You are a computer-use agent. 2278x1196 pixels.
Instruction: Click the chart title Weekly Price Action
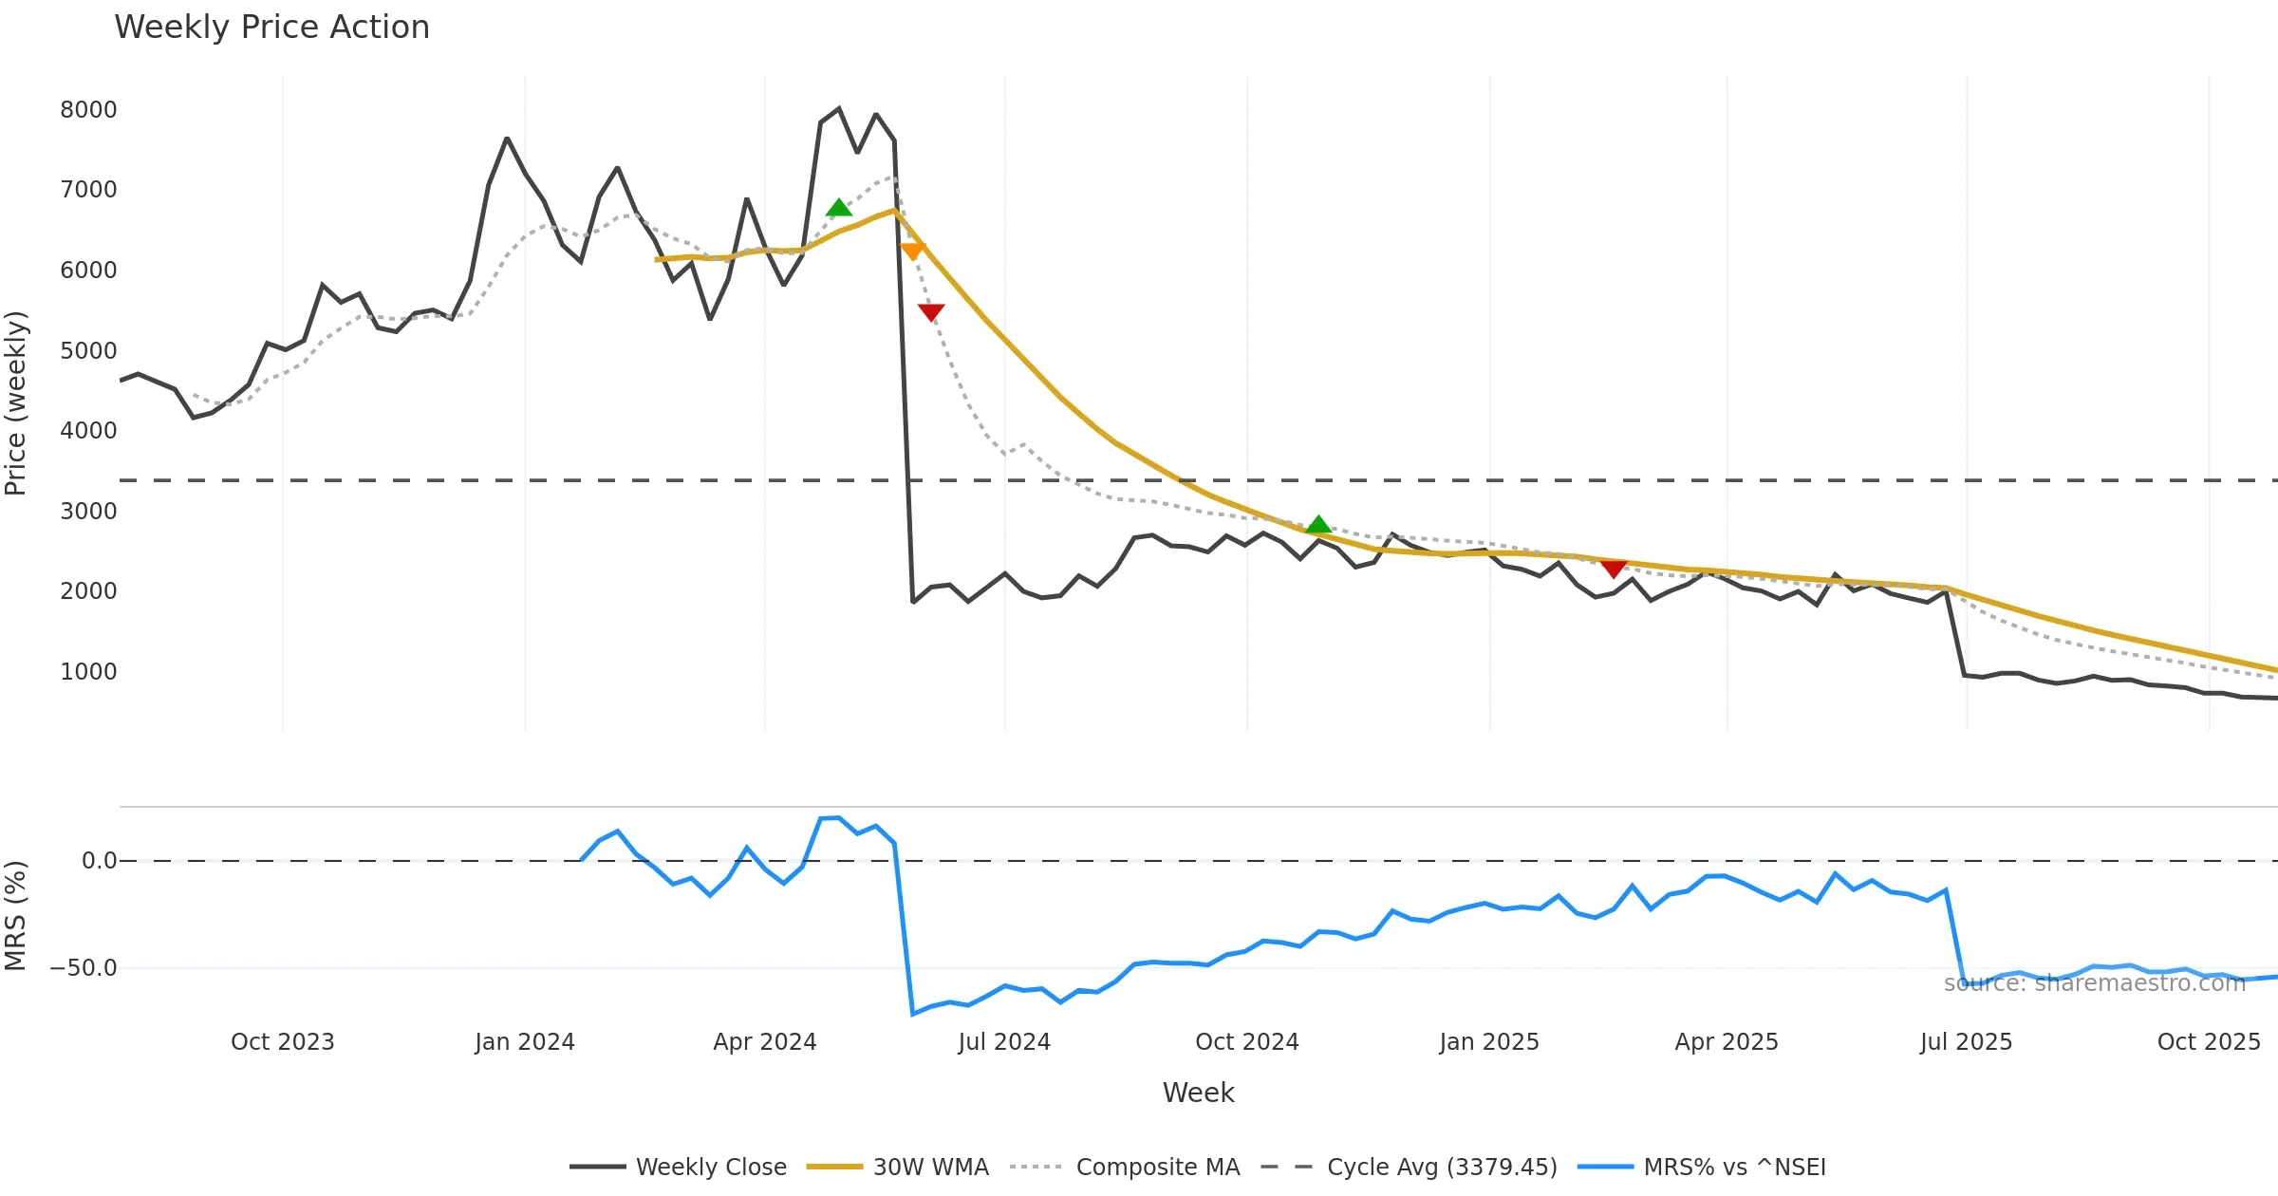coord(271,28)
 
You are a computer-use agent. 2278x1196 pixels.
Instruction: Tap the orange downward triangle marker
coord(912,251)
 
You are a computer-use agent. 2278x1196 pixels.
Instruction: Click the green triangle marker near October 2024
coord(1318,525)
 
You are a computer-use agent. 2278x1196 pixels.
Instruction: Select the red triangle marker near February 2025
coord(1614,568)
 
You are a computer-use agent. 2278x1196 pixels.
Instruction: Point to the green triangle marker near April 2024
coord(838,208)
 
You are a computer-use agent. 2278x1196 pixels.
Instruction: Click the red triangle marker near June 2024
coord(931,311)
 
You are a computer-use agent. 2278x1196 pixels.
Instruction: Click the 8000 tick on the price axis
coord(88,110)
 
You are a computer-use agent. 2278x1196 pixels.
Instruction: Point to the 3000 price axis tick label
coord(88,512)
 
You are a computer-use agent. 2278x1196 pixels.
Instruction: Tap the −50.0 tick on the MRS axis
coord(84,968)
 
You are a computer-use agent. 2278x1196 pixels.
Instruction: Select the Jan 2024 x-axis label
coord(525,1042)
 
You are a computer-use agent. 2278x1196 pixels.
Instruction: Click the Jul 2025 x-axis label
coord(1966,1042)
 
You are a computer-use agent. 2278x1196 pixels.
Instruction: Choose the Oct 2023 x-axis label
coord(283,1042)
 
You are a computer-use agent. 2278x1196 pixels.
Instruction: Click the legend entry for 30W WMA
coord(930,1167)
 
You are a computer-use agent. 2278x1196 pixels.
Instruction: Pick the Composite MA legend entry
coord(1157,1167)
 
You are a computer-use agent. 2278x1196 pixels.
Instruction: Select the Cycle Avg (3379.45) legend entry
coord(1442,1167)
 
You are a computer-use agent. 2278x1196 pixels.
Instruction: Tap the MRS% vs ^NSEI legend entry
coord(1734,1167)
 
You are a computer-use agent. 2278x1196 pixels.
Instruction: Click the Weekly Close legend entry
coord(711,1167)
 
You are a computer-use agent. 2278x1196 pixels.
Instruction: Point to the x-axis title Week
coord(1199,1093)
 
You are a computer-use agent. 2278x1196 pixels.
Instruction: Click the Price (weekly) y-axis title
coord(16,403)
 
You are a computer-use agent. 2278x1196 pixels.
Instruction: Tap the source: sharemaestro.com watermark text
coord(2095,983)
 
